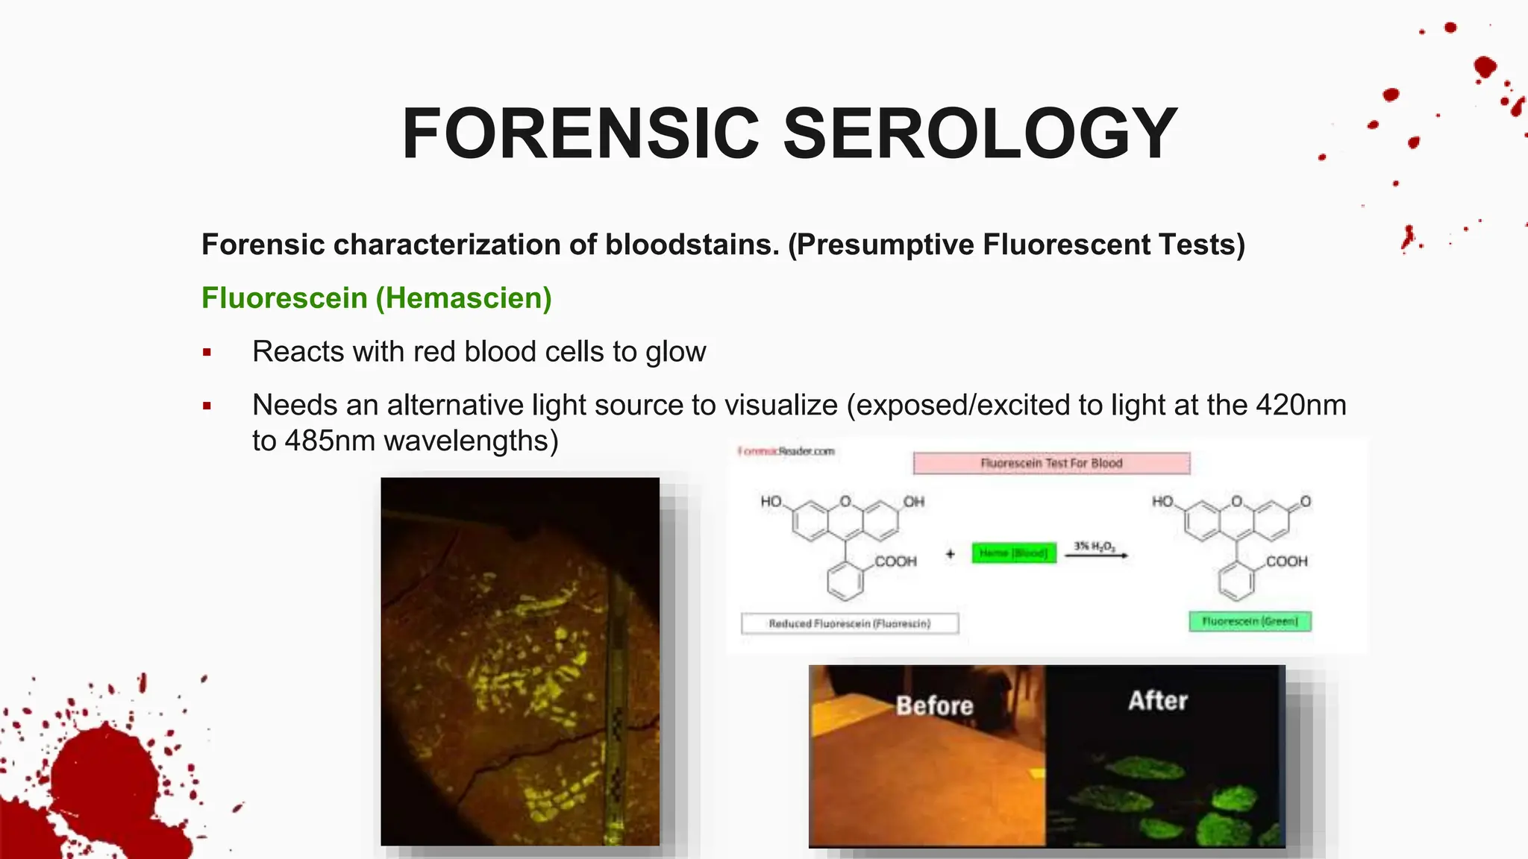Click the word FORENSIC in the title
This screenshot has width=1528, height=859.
tap(580, 134)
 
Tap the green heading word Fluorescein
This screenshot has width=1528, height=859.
tap(284, 298)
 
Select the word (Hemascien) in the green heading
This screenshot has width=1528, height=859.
tap(463, 298)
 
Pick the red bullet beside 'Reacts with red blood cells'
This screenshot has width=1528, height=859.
tap(207, 353)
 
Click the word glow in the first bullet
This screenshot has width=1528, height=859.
tap(675, 352)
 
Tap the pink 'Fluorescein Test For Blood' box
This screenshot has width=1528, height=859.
tap(1051, 463)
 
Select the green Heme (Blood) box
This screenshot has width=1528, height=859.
tap(1014, 553)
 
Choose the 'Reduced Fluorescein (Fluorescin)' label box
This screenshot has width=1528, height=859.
tap(850, 623)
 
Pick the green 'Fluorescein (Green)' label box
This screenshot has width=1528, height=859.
tap(1250, 621)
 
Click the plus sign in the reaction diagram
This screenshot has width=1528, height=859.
tap(950, 554)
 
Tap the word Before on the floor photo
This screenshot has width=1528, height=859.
tap(934, 705)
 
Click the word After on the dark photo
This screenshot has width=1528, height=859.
tap(1157, 701)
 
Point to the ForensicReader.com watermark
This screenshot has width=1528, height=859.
tap(786, 451)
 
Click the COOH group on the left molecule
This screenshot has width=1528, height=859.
tap(895, 561)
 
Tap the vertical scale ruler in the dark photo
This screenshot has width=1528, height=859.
tap(619, 708)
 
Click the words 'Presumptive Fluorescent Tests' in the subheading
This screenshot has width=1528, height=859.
tap(1016, 245)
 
